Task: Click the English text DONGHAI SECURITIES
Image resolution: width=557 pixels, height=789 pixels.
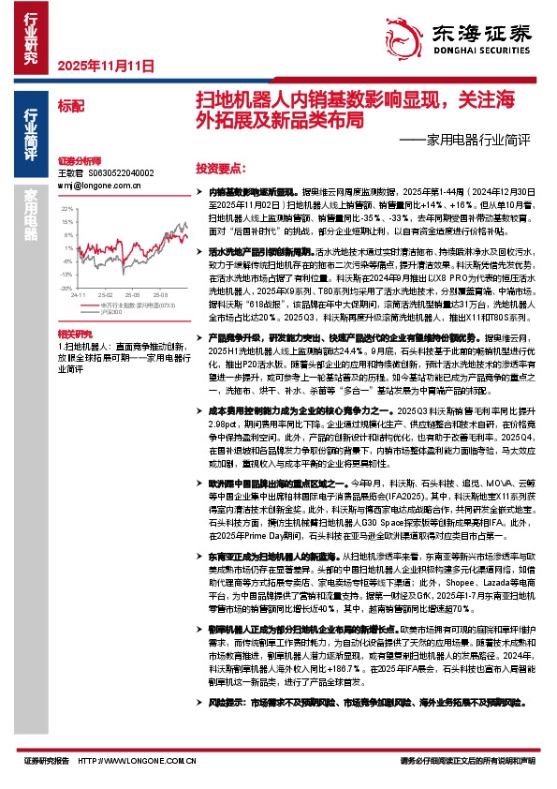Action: (476, 52)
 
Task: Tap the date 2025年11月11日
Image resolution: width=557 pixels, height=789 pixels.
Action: (105, 66)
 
